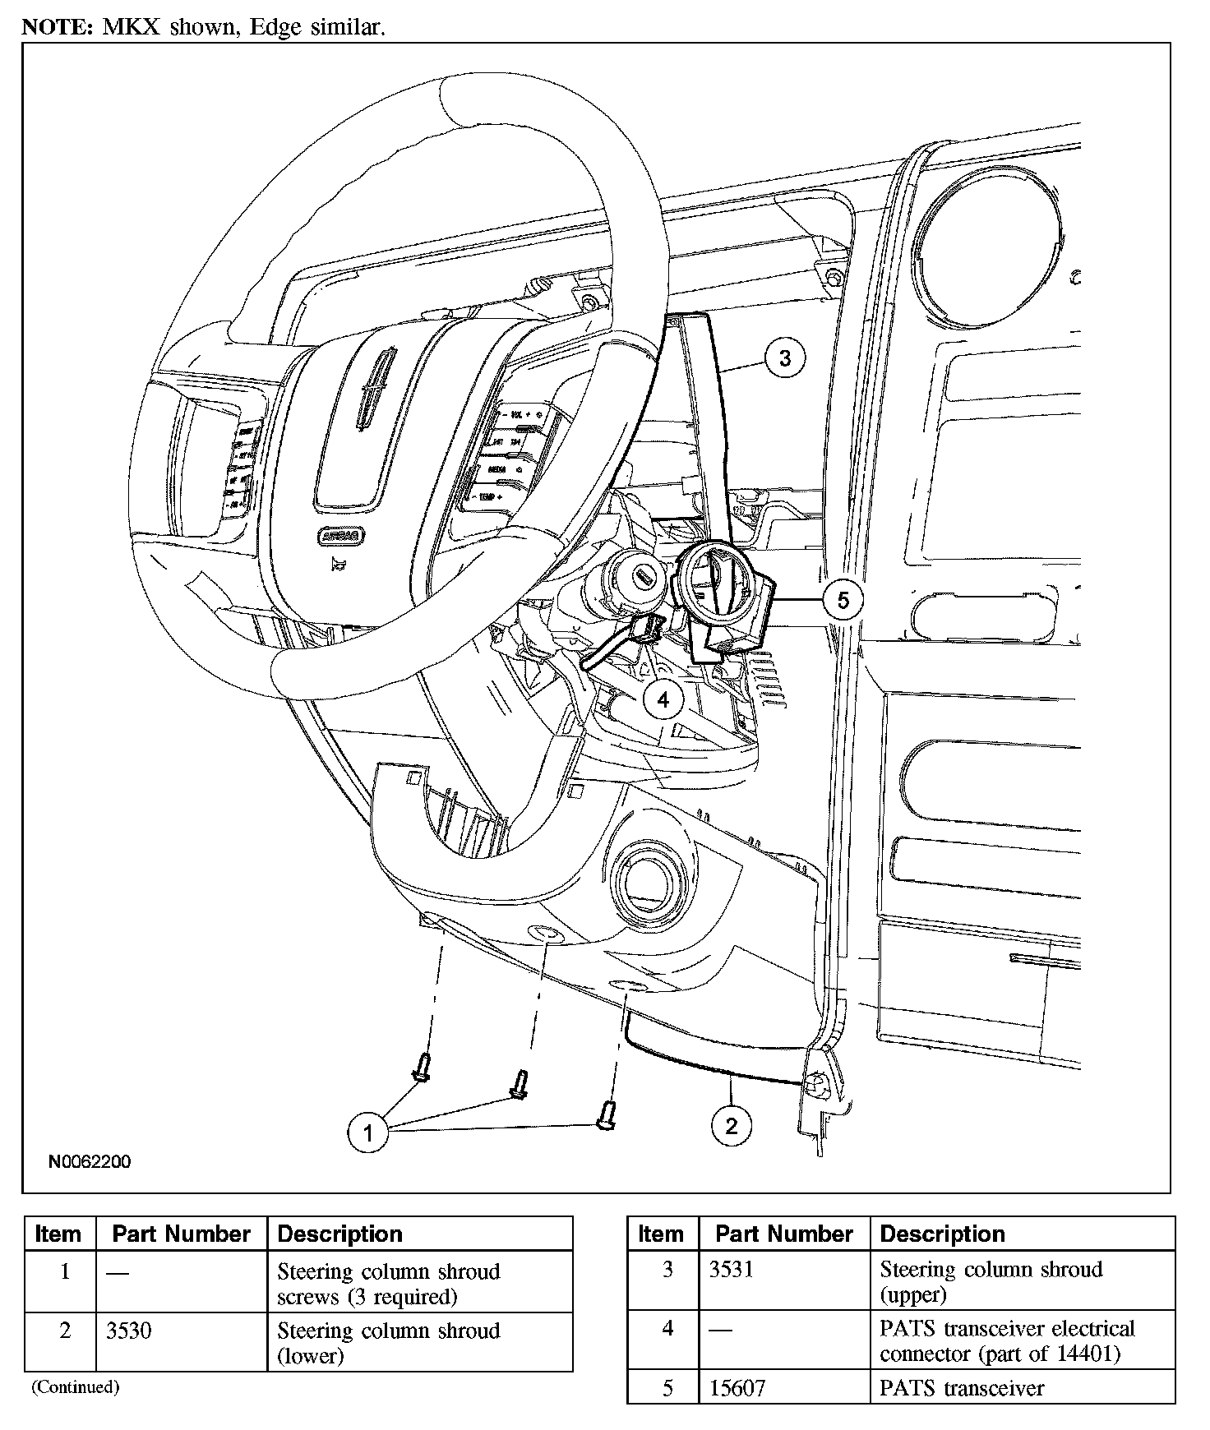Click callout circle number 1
367,1133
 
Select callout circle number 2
731,1125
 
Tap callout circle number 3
784,358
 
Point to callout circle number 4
663,699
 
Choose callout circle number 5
843,600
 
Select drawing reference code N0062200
90,1162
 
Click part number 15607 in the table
737,1388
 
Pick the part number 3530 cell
129,1331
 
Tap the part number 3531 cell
731,1270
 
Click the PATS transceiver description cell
962,1388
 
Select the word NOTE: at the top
57,27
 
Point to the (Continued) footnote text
76,1387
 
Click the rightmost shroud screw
607,1114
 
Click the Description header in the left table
340,1234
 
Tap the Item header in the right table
661,1234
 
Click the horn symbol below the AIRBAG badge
335,563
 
